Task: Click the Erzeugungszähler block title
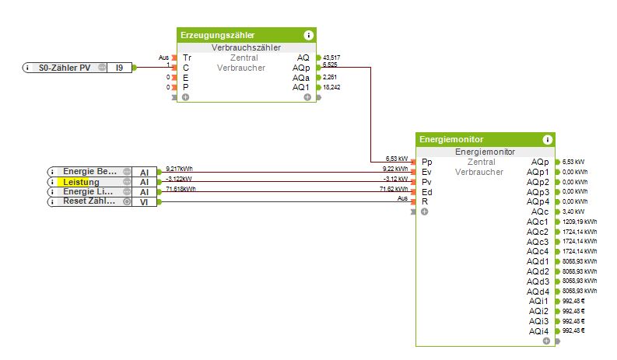click(217, 35)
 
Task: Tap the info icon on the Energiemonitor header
click(548, 140)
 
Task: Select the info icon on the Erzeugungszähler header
click(309, 35)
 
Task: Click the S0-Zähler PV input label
click(65, 68)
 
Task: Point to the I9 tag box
click(119, 68)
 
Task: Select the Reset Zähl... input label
click(89, 201)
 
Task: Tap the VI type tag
click(144, 201)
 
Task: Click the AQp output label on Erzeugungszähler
click(301, 68)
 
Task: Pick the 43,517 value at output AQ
click(331, 58)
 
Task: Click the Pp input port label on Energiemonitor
click(426, 162)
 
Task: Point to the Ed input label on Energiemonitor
click(426, 191)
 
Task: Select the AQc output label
click(540, 211)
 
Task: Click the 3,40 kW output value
click(574, 211)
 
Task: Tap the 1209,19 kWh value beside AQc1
click(580, 222)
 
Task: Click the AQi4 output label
click(538, 331)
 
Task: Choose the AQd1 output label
click(538, 261)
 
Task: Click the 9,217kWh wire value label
click(181, 169)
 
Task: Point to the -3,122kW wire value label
click(181, 179)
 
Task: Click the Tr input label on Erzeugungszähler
click(187, 58)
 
